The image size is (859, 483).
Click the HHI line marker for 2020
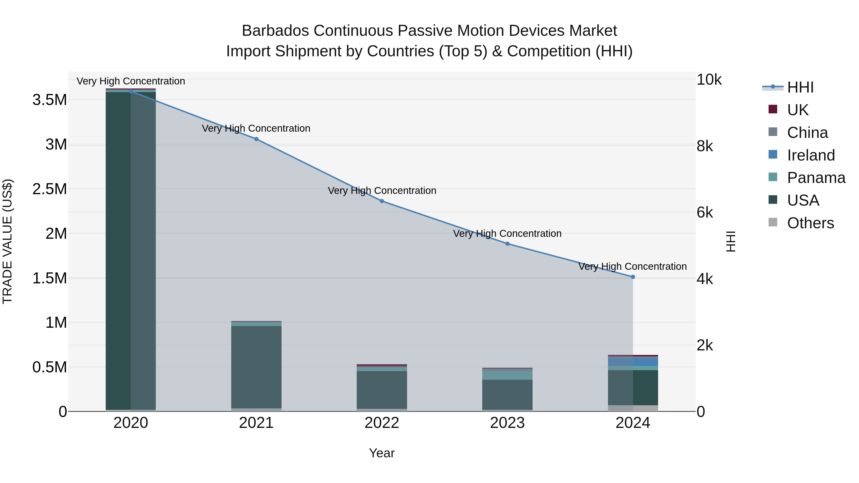click(x=131, y=91)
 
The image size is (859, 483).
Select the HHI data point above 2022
click(x=382, y=201)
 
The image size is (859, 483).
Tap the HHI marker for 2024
click(x=633, y=277)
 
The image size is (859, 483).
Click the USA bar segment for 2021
click(x=256, y=367)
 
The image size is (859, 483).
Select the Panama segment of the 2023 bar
click(x=507, y=375)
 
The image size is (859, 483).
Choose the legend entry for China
click(x=807, y=133)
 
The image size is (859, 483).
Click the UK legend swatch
click(x=773, y=109)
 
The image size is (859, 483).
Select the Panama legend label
click(x=816, y=178)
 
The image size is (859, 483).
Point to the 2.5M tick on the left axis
click(x=49, y=189)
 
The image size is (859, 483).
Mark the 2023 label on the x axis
click(x=507, y=423)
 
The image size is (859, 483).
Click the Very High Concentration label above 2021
click(x=256, y=128)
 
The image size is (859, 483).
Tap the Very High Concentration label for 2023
click(x=507, y=233)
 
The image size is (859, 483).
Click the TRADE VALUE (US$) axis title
click(x=7, y=241)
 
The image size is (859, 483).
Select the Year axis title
click(x=382, y=453)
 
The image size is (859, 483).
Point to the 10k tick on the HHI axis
click(x=709, y=80)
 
